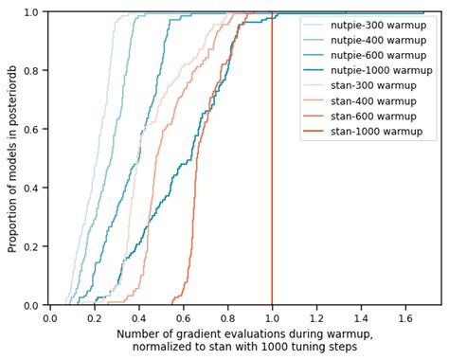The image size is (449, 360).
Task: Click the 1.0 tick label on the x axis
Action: tap(272, 318)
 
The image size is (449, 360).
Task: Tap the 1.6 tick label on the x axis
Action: tap(405, 318)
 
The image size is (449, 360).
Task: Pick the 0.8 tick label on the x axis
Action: tap(227, 318)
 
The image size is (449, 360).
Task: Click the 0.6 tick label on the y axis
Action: tap(31, 129)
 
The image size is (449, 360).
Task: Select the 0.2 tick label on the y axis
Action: tap(31, 246)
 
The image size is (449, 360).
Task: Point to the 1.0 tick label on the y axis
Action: tap(31, 12)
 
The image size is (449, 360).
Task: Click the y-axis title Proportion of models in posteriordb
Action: tap(12, 158)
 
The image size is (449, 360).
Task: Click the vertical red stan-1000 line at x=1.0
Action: tap(272, 189)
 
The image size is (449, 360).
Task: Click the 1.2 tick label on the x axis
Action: tap(316, 318)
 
